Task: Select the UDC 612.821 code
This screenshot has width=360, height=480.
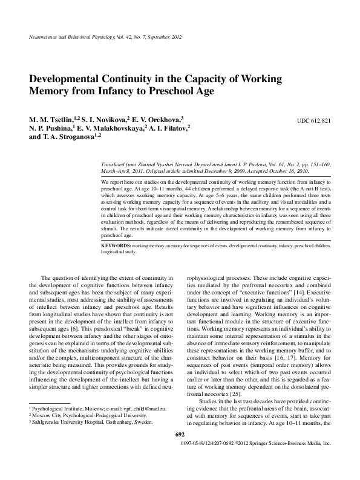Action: [x=313, y=120]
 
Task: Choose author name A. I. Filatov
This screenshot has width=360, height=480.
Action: [x=170, y=129]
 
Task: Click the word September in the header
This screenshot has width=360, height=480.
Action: [x=157, y=38]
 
